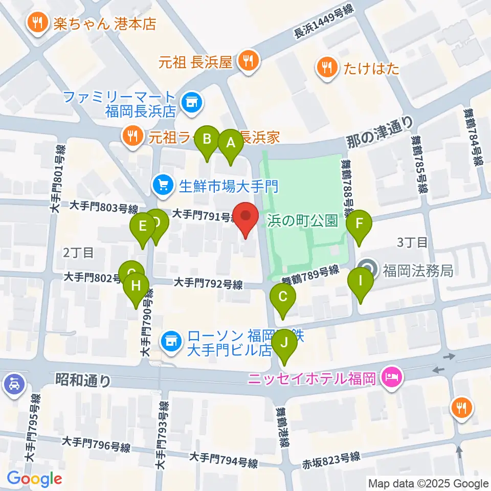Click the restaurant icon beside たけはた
[326, 68]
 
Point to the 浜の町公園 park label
[302, 221]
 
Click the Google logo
[34, 479]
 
